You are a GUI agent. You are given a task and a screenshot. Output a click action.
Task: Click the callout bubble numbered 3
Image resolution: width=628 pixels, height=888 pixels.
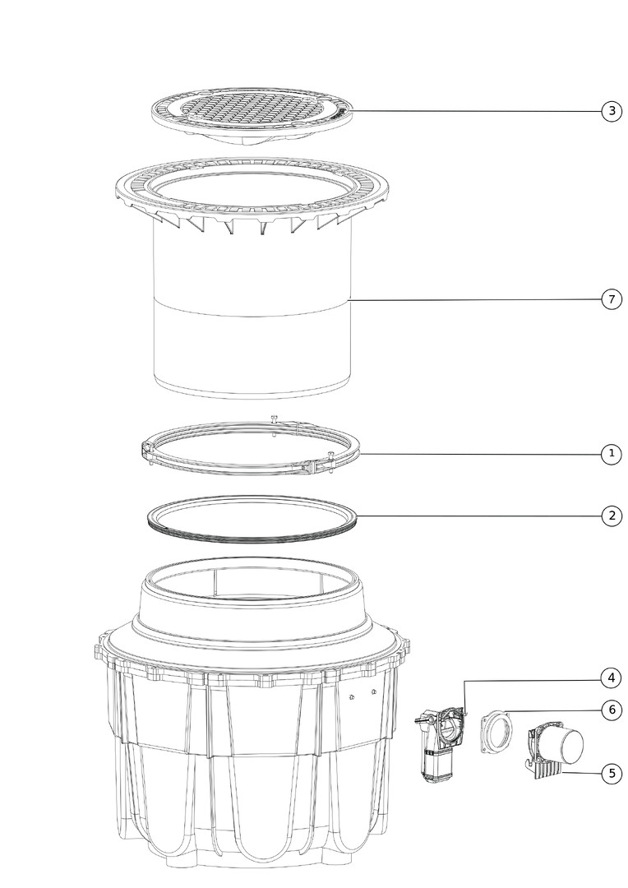tap(612, 111)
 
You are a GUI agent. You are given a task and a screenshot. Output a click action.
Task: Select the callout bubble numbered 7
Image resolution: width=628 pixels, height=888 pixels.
tap(612, 299)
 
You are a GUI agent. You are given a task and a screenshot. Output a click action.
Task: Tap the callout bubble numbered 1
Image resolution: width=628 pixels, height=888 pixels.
tap(612, 454)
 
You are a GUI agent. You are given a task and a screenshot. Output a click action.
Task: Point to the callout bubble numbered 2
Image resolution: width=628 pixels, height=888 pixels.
tap(612, 516)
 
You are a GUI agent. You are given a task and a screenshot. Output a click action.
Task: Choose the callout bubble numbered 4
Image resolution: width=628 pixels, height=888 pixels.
tap(612, 678)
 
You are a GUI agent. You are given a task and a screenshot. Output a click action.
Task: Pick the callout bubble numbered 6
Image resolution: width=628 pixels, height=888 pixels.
tap(612, 710)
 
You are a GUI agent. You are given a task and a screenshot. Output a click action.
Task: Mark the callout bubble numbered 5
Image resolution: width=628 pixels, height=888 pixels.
tap(612, 774)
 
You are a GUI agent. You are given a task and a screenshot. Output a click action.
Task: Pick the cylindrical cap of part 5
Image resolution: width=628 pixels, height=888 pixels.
tap(567, 747)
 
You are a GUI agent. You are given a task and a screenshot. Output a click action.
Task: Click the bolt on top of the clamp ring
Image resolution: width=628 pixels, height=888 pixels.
tap(275, 419)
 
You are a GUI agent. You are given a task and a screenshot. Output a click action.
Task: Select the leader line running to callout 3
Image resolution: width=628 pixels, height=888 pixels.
tap(476, 111)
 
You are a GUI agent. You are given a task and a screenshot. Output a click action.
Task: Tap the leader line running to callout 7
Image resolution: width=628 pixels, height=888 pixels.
tap(476, 299)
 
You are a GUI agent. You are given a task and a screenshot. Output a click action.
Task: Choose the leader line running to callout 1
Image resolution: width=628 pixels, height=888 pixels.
tap(481, 454)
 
